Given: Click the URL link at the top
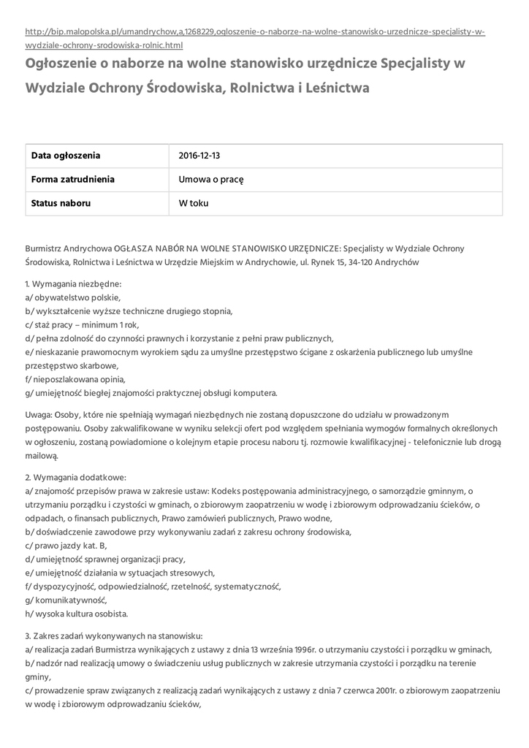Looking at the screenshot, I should pos(255,32).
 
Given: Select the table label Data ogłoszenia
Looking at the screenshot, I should pos(66,156).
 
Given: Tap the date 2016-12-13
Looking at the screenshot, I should pos(199,156).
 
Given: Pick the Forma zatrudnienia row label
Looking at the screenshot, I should pos(72,180).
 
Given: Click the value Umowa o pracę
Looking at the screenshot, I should pos(211,180).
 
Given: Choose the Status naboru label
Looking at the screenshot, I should pos(61,203).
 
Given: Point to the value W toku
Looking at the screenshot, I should pos(194,203).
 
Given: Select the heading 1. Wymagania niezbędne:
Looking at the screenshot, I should pos(73,283).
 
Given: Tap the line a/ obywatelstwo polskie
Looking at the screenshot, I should pos(73,297).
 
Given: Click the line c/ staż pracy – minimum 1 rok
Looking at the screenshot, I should pos(82,324).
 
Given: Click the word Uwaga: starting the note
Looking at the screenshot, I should pos(38,414).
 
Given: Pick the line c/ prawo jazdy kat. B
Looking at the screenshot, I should pos(66,546).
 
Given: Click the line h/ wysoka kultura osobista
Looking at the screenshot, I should pos(77,614).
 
